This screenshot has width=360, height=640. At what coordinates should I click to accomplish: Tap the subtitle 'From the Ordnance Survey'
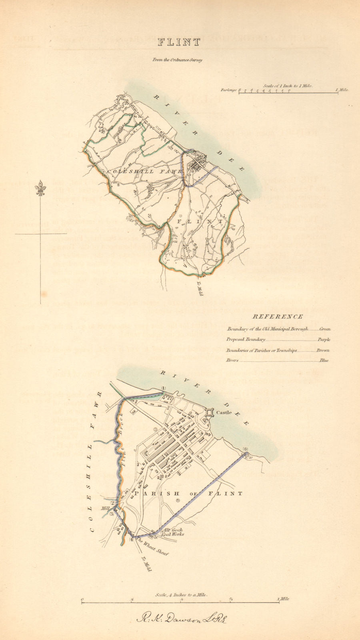point(177,60)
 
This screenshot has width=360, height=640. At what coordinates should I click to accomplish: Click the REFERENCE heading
point(278,316)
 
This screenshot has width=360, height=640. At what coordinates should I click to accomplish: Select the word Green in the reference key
point(325,329)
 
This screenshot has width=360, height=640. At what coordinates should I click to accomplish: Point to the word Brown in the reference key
point(323,350)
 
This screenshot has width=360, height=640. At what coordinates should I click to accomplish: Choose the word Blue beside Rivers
point(324,360)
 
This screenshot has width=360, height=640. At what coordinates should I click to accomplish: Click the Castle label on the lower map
point(224,412)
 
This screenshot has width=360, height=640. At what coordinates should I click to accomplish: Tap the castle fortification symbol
point(209,413)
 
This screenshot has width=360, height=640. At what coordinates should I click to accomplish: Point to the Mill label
point(105,509)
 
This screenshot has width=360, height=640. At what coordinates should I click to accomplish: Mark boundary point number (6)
point(246,449)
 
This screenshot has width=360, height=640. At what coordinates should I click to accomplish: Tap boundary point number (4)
point(131,540)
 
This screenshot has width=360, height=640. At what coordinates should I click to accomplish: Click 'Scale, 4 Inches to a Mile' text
point(182,595)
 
